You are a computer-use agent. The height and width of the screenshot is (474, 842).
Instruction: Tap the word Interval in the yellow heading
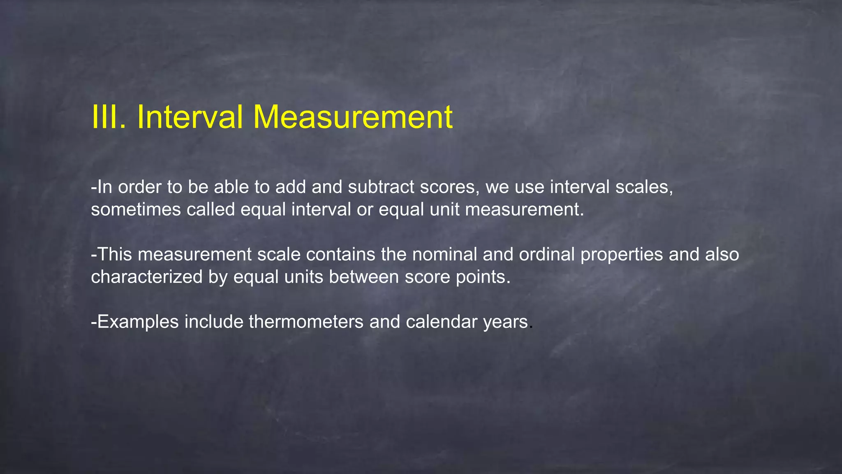190,117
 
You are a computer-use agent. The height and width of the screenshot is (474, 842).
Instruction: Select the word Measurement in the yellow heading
353,117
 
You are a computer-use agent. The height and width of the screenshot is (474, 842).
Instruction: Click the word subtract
381,187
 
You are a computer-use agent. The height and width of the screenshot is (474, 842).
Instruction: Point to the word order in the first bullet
140,187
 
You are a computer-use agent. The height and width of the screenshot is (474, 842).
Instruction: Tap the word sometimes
136,210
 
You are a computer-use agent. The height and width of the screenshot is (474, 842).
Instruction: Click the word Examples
138,322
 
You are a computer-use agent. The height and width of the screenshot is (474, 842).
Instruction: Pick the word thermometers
306,322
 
